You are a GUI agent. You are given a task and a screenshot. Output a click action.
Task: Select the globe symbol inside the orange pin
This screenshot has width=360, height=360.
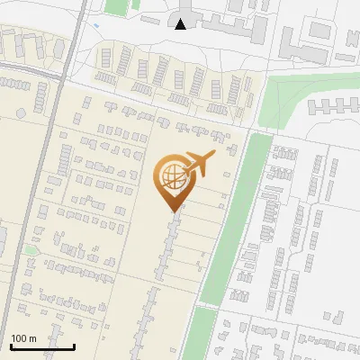click(173, 176)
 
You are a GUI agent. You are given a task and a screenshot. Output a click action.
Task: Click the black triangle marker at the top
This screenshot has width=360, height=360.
click(181, 24)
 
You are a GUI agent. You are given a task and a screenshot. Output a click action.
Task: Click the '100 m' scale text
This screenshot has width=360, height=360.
click(23, 338)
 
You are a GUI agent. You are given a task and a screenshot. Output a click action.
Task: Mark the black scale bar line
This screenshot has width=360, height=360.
click(41, 346)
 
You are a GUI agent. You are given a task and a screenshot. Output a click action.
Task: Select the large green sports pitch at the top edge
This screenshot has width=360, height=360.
click(115, 5)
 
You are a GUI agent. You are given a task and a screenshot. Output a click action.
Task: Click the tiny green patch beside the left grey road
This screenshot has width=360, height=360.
click(30, 249)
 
